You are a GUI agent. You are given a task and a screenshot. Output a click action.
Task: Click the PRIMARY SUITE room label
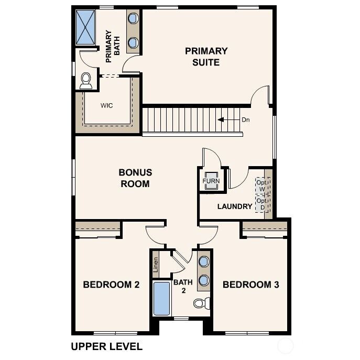pos(206,57)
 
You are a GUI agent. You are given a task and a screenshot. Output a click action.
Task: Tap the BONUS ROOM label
pos(135,178)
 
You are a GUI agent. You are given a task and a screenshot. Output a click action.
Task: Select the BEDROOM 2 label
pos(111,285)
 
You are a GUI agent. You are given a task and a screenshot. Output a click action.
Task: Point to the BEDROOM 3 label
pos(250,285)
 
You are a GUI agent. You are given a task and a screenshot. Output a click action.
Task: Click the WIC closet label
pos(106,105)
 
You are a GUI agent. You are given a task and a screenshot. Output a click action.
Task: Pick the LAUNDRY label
pos(235,206)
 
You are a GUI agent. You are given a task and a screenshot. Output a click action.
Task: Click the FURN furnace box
pos(211,181)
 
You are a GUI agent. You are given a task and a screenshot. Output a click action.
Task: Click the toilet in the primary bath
pos(86,80)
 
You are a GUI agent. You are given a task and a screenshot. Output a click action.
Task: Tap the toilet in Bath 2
pos(201,303)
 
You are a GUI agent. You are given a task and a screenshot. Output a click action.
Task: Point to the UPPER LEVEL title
pos(106,346)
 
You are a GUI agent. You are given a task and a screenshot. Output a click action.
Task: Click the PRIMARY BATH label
pos(113,47)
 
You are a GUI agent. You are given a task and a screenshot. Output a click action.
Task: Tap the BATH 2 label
pos(183,286)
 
